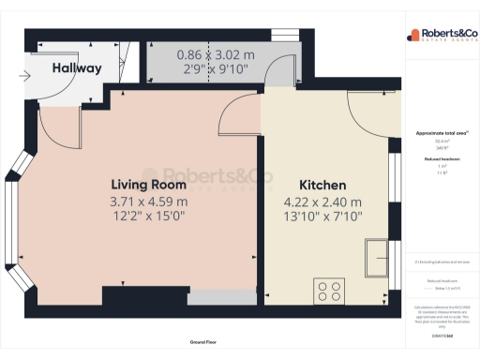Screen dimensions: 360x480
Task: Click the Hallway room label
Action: pyautogui.click(x=76, y=68)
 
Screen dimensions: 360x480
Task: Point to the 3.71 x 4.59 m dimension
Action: pyautogui.click(x=148, y=201)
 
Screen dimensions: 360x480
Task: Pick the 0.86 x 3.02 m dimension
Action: pyautogui.click(x=215, y=54)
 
